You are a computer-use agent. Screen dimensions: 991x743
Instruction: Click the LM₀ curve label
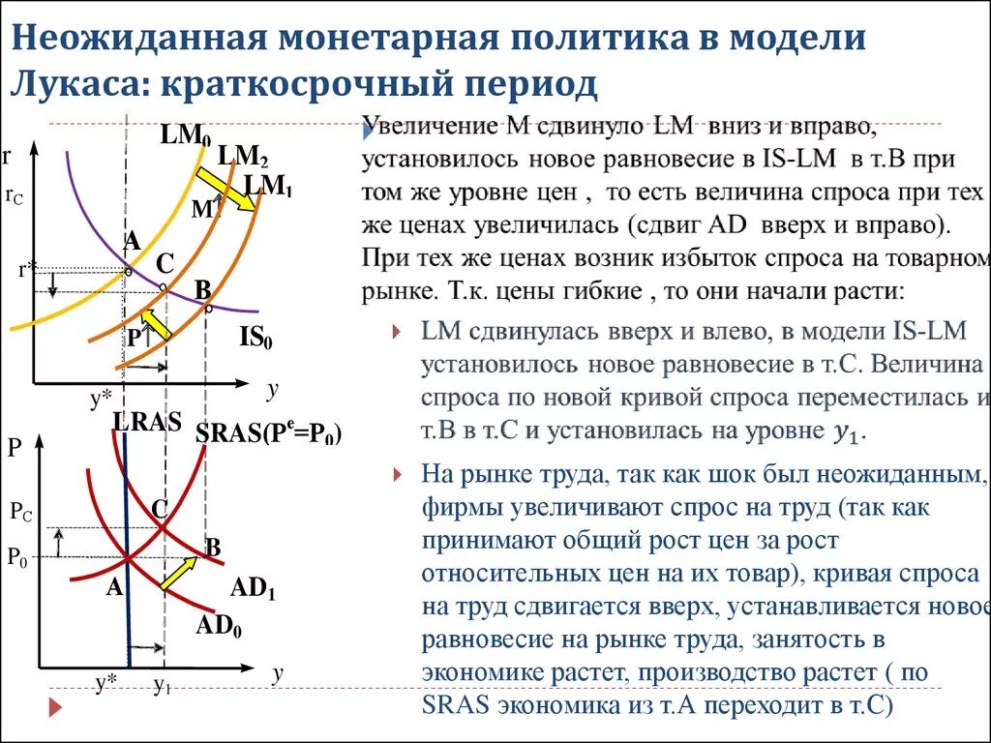[186, 134]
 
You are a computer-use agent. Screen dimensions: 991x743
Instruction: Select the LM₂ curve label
[243, 155]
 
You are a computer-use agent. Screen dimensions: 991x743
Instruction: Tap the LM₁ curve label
[268, 185]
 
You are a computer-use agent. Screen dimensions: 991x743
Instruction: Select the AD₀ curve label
[219, 625]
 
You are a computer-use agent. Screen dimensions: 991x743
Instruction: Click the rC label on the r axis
[14, 195]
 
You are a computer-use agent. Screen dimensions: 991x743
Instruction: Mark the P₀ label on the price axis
[18, 556]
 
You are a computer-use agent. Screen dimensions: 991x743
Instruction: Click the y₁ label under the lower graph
[162, 686]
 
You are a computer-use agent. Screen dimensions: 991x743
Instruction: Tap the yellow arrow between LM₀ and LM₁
[216, 185]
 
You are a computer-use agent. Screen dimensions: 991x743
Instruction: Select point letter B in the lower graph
[214, 549]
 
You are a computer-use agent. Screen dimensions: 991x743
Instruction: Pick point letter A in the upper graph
[132, 241]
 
